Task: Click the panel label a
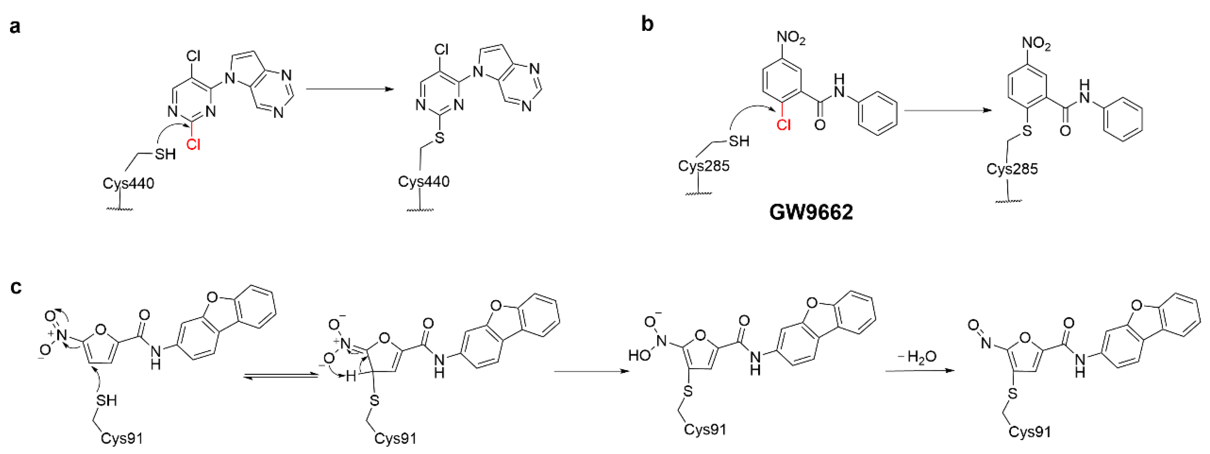15,27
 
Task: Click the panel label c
16,287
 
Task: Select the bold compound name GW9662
811,212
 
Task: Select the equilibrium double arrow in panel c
281,376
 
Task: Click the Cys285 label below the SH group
703,166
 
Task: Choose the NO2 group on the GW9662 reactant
791,37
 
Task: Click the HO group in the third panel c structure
640,355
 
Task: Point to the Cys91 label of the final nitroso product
1030,431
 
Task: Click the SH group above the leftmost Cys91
107,400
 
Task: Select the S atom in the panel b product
1027,131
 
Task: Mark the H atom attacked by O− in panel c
350,376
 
